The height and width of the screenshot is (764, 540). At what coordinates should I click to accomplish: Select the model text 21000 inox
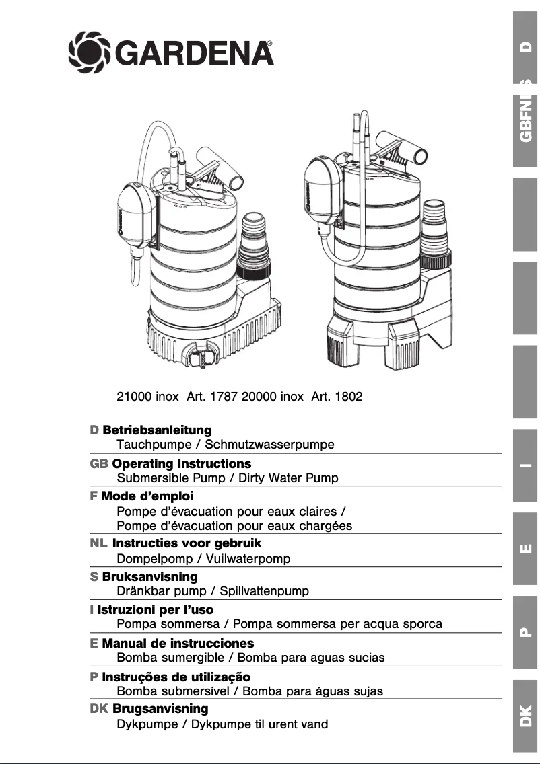[147, 396]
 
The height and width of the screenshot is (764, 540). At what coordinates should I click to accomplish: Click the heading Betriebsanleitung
[157, 430]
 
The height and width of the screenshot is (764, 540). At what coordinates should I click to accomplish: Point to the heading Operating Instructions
[182, 464]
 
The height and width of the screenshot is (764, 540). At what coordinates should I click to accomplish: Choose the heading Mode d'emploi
[147, 496]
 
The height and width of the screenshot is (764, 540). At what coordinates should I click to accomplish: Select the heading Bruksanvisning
[149, 577]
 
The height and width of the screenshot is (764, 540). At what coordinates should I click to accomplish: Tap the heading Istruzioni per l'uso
[156, 610]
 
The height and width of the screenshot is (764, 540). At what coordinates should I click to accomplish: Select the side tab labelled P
[526, 632]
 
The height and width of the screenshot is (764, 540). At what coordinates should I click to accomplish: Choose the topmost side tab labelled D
[526, 47]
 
